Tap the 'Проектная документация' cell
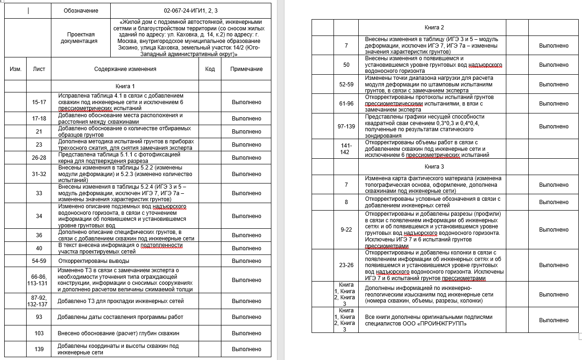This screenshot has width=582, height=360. (x=81, y=37)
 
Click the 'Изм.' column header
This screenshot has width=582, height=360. (x=15, y=69)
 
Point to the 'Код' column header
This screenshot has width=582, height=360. (x=210, y=69)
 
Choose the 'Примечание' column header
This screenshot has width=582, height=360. (x=247, y=69)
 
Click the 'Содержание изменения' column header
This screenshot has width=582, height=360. (x=125, y=69)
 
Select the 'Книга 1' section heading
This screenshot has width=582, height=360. (x=125, y=86)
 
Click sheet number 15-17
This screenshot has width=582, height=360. (x=39, y=102)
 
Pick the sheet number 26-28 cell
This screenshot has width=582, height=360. (x=39, y=158)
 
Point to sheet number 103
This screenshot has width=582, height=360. (x=39, y=333)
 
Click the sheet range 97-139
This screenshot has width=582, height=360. (x=346, y=127)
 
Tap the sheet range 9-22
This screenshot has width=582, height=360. (x=346, y=230)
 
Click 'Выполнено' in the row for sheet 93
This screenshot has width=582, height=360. (x=247, y=317)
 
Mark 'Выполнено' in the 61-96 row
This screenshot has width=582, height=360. (x=554, y=104)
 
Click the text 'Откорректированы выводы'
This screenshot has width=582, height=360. (x=93, y=261)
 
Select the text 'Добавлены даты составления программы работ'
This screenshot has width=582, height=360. (x=120, y=317)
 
